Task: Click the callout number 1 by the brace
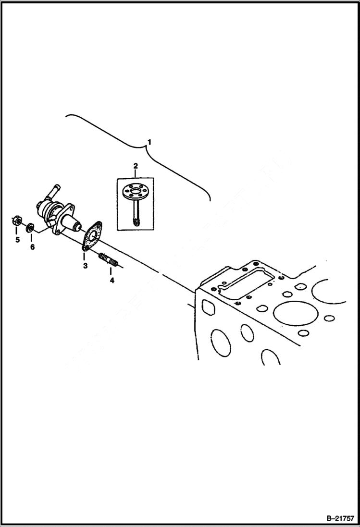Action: pos(149,142)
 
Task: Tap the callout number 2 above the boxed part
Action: pos(136,166)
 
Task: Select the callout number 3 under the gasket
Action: pos(85,266)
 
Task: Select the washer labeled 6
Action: pos(30,226)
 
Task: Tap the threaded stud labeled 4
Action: pos(109,261)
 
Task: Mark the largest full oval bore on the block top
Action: pos(293,313)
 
